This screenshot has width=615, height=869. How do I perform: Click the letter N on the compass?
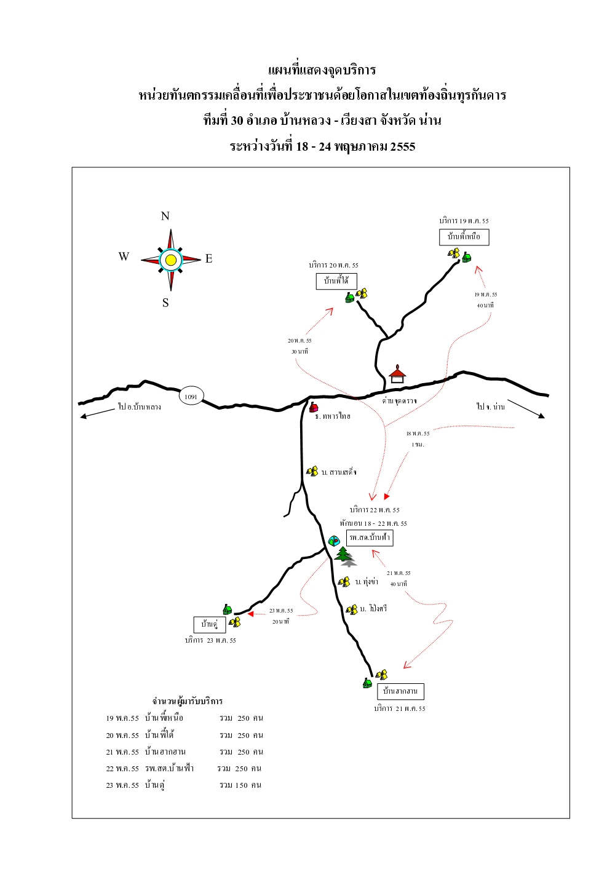coord(165,216)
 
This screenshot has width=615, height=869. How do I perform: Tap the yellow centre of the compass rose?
coord(171,260)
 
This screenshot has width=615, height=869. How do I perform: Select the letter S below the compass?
coord(165,303)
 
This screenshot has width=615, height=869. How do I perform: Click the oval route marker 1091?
coord(191,397)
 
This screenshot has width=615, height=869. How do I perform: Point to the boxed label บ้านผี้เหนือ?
coord(464,237)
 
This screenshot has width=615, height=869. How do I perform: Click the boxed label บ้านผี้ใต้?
coord(336,281)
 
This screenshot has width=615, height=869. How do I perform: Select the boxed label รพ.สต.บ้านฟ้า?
coord(370,538)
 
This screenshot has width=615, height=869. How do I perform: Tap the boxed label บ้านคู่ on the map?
coord(210,624)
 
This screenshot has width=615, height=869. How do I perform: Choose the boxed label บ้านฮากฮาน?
coord(400,691)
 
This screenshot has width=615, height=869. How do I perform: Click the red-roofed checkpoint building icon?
coord(397,374)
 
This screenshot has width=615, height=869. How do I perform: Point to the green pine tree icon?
coord(343,554)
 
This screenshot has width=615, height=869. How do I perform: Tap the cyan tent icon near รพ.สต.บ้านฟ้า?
coord(334,541)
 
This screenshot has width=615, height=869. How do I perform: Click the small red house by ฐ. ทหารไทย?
coord(314,407)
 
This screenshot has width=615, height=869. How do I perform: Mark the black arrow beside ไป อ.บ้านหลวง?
coord(98,413)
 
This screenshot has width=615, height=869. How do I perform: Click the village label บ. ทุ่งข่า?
coord(367,582)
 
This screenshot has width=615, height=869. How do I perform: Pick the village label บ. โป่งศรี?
coord(373,609)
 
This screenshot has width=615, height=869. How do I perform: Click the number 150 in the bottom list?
coord(242,785)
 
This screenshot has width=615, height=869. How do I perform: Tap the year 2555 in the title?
coord(402,146)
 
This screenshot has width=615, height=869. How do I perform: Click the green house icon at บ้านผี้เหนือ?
coord(467,257)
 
